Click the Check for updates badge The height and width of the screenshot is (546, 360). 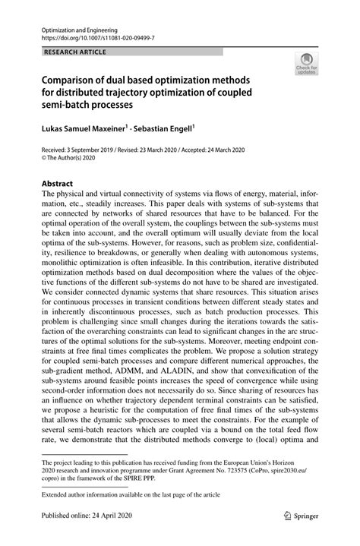coord(307,63)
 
